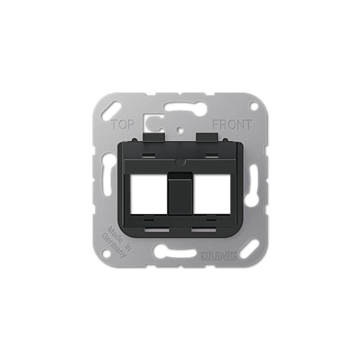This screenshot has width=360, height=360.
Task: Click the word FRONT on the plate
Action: coord(231,125)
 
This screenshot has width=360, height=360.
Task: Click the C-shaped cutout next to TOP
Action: coord(151,121)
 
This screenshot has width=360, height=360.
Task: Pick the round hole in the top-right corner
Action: coord(253,106)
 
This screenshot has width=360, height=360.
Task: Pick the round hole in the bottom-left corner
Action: coord(107,253)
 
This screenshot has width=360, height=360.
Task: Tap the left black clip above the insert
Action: coord(153,136)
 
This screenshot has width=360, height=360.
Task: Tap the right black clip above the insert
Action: coord(207,136)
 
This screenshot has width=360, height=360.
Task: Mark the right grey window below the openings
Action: coord(204,229)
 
